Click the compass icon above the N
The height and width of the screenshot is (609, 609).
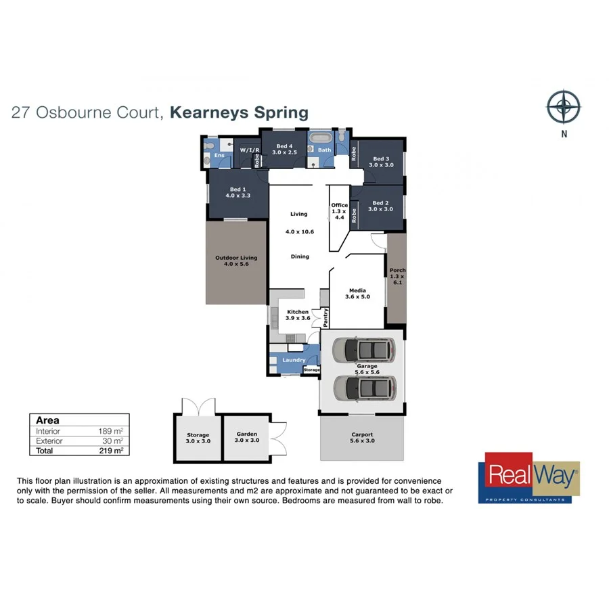tap(564, 106)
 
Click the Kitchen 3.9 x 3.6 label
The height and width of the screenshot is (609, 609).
tap(298, 315)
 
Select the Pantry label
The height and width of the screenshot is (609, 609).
tap(325, 316)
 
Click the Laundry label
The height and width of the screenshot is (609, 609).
tap(294, 360)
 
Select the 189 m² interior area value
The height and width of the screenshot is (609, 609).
tap(110, 431)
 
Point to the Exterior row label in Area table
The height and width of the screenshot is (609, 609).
tap(50, 441)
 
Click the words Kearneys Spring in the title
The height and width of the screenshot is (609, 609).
tap(239, 112)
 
